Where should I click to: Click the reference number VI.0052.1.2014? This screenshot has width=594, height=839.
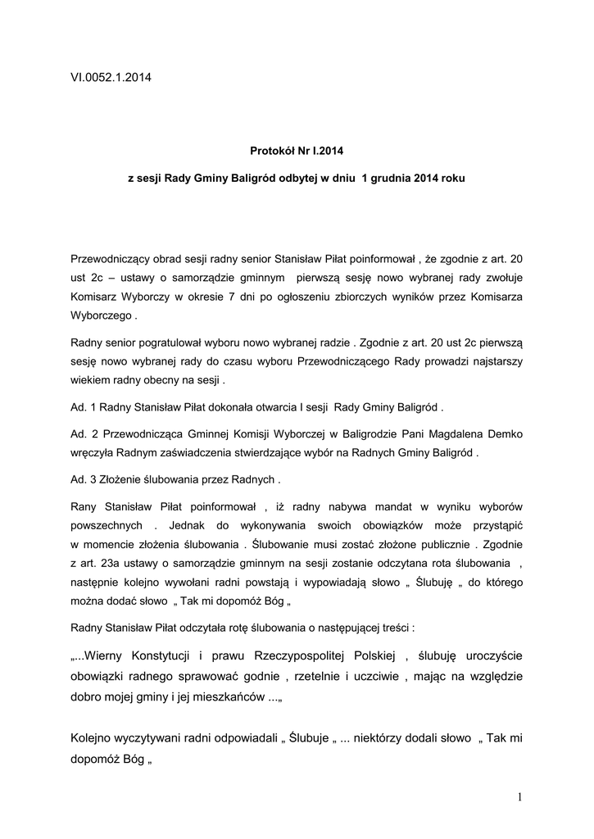(x=111, y=78)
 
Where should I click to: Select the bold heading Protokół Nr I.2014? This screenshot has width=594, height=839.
(x=297, y=151)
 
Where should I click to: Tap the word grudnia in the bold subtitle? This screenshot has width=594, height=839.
(x=392, y=178)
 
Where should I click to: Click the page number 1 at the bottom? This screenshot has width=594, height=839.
(x=519, y=797)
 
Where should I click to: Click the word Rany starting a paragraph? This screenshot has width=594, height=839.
(x=85, y=506)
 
